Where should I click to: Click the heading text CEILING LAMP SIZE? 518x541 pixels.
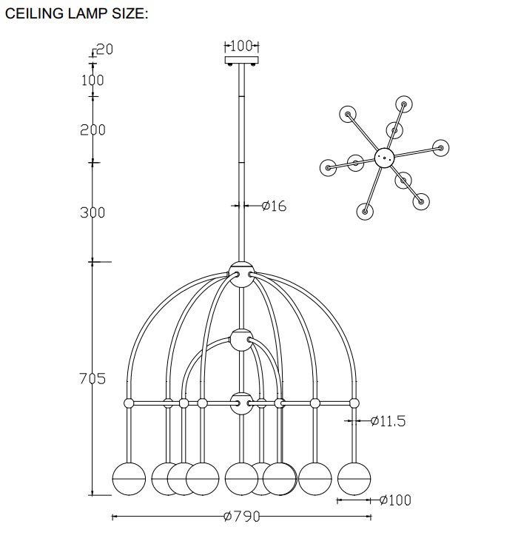point(76,13)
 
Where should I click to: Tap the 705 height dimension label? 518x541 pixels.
point(92,378)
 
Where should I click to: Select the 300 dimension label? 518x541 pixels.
point(92,212)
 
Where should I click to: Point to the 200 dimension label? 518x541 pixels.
point(92,130)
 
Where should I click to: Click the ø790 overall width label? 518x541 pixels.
point(241,516)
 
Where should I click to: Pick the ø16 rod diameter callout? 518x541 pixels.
point(275,206)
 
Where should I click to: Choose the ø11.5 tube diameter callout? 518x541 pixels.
point(388,421)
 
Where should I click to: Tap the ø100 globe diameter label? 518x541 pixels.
point(395,500)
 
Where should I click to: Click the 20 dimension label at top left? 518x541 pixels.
point(104,50)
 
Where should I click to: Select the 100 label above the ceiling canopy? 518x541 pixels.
point(241,46)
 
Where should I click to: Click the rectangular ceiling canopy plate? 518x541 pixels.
point(241,60)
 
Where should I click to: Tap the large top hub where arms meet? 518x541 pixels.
point(241,275)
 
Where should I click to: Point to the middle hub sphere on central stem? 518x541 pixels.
point(241,340)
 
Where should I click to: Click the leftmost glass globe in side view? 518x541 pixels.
point(129,479)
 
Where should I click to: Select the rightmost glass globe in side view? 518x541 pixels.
point(354,479)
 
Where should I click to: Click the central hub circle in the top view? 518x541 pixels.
point(384,158)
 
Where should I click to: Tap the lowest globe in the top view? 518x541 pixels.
point(365,211)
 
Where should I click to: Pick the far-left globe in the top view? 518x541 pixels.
point(328,168)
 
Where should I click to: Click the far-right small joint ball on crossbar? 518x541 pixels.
point(354,403)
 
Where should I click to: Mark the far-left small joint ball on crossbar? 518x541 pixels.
point(129,403)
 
